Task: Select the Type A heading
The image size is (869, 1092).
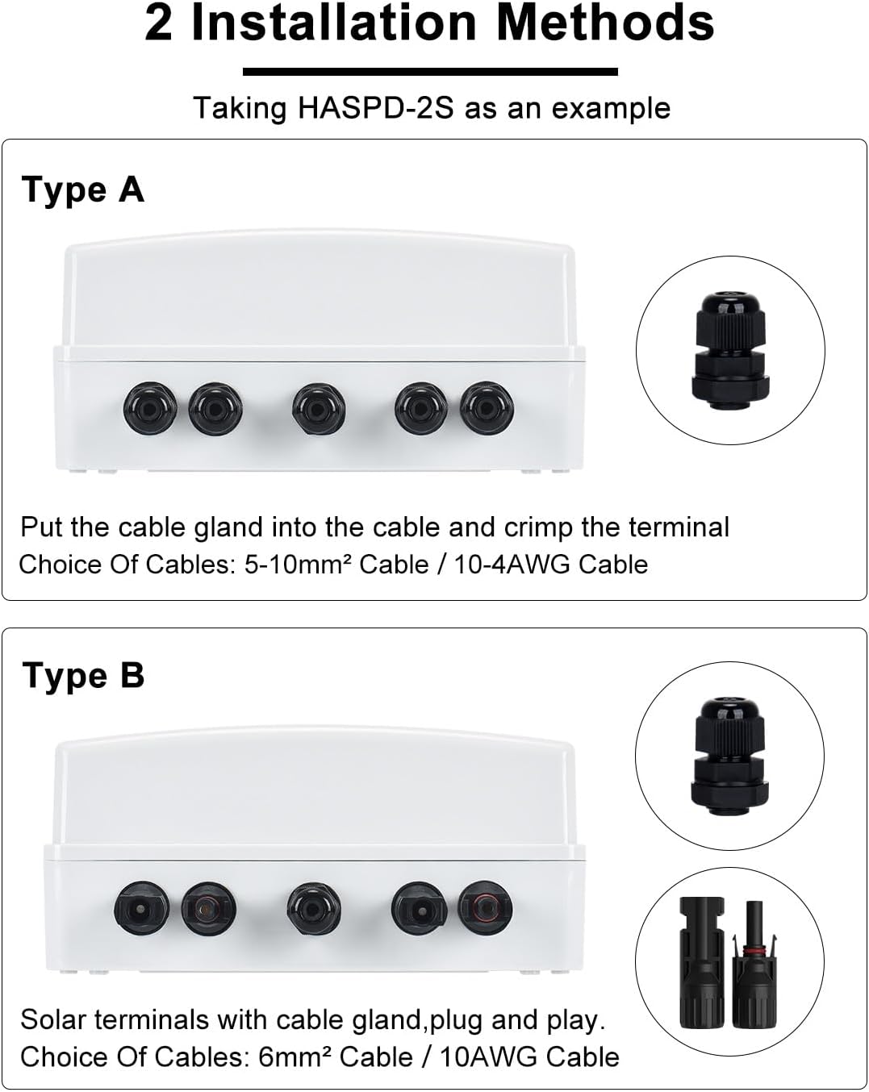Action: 82,190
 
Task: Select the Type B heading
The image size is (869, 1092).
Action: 83,676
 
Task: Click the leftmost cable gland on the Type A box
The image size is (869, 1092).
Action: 150,408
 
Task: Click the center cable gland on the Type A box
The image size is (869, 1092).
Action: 319,408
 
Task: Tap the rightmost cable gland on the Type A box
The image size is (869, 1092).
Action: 487,408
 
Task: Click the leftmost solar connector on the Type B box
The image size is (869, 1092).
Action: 142,908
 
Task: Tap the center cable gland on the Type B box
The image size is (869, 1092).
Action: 313,909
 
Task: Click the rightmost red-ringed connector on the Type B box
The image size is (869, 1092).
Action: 485,908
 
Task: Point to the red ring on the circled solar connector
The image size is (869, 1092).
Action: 754,952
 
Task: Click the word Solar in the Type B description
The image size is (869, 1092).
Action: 53,1020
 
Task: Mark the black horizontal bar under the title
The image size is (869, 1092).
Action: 430,72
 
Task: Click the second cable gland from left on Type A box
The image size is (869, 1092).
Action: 215,408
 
